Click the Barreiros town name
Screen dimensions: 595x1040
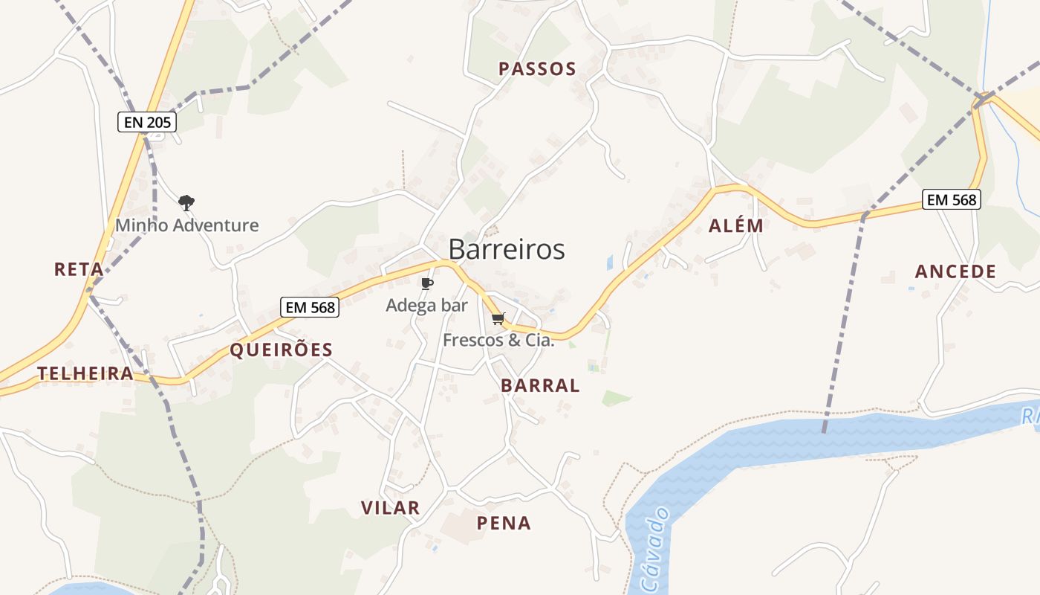click(x=507, y=250)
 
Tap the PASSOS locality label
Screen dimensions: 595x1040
click(x=537, y=69)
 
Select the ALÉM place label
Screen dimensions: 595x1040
click(x=735, y=226)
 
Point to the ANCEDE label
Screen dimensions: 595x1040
click(x=955, y=271)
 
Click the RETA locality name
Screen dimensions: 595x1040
click(x=79, y=269)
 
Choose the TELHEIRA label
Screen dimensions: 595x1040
click(x=85, y=373)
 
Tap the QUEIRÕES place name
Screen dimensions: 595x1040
click(x=282, y=350)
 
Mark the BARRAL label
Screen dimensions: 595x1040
click(x=540, y=385)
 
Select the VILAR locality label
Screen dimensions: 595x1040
click(x=390, y=508)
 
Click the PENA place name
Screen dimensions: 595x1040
click(x=504, y=523)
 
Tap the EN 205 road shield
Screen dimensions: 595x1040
click(x=147, y=123)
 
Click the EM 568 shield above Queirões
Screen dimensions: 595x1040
click(x=309, y=306)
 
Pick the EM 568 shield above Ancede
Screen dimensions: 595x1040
click(x=951, y=199)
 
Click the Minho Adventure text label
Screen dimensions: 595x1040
click(x=186, y=225)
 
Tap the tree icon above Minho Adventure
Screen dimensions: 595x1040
click(x=186, y=202)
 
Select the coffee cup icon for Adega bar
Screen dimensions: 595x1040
click(x=426, y=283)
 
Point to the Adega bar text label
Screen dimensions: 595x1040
click(x=426, y=305)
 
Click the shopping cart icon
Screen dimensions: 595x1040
click(x=498, y=319)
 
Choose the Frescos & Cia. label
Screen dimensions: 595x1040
click(x=498, y=341)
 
